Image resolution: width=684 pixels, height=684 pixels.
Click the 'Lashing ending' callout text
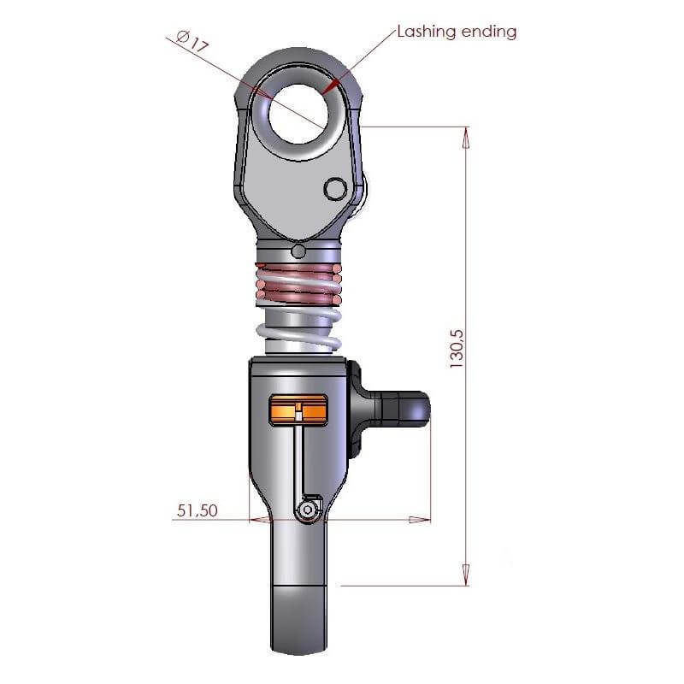457,32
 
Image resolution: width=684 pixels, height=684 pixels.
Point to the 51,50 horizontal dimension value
198,511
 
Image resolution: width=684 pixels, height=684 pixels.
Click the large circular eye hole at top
298,110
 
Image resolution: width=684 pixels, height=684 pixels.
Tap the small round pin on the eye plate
336,189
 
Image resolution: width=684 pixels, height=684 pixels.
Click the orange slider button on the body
298,410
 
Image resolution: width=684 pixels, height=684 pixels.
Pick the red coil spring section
298,286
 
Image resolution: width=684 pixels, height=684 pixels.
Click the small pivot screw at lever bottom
308,510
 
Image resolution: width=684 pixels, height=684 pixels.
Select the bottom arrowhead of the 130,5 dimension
466,576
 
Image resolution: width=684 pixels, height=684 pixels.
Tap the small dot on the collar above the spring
298,251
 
